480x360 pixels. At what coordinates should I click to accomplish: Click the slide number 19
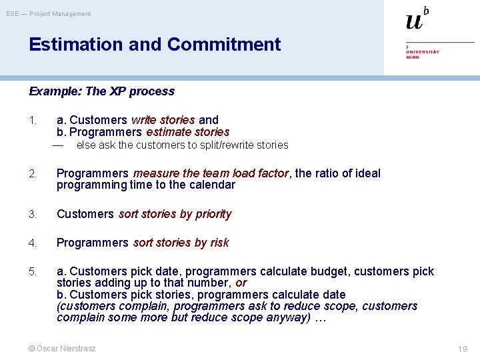point(463,349)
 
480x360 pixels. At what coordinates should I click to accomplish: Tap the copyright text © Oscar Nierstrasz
point(62,348)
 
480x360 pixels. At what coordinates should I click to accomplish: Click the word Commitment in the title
point(224,45)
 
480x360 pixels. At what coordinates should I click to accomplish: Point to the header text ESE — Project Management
point(49,14)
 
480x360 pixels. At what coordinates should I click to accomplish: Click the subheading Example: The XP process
point(101,91)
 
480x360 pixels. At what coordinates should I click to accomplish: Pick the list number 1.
point(32,121)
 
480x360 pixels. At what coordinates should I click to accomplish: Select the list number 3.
point(33,215)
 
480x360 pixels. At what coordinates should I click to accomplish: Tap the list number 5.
point(33,272)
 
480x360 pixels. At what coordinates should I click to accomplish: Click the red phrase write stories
point(163,120)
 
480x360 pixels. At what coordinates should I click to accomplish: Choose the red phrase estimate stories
point(187,132)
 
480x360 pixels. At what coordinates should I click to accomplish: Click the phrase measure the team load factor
point(211,173)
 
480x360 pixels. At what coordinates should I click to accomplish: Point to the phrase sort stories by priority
point(175,214)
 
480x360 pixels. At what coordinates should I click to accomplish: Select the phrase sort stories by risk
point(181,243)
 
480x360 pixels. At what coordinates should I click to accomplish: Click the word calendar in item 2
point(213,185)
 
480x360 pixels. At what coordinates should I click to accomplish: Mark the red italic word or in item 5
point(241,283)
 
